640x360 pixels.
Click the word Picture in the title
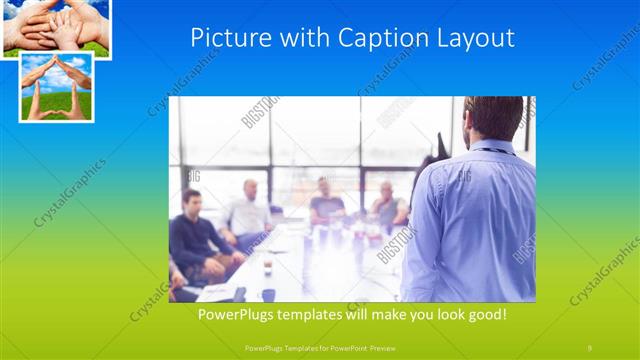[222, 39]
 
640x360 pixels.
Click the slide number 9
[590, 346]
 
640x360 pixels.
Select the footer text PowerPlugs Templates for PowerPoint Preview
[320, 346]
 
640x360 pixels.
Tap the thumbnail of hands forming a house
[56, 87]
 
